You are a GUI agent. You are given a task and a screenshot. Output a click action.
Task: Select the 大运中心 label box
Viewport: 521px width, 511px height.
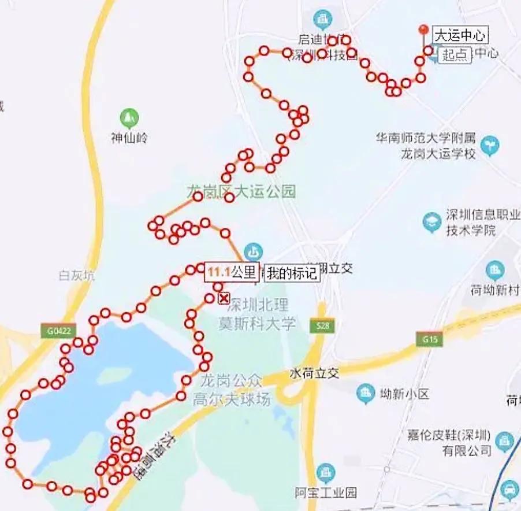tap(460, 35)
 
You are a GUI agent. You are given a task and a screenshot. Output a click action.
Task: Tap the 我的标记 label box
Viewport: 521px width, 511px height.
tap(292, 273)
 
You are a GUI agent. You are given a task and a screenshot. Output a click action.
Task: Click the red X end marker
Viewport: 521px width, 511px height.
tap(224, 298)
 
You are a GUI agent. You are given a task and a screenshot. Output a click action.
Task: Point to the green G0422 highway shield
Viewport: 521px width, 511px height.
tap(58, 331)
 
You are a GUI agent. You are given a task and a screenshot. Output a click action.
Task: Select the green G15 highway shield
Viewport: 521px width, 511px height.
tap(430, 339)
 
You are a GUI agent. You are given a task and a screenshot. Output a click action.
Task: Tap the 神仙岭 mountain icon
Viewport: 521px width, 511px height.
tap(129, 119)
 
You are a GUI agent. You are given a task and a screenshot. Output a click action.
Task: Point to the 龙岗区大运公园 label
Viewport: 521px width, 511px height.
tap(241, 191)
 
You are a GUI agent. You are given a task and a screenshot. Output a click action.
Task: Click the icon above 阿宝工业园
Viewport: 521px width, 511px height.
tap(326, 472)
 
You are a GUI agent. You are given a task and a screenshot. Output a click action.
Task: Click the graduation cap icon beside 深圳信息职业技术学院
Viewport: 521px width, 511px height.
tap(431, 222)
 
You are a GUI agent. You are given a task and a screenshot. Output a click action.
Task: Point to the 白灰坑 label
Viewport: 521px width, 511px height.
tap(76, 276)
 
